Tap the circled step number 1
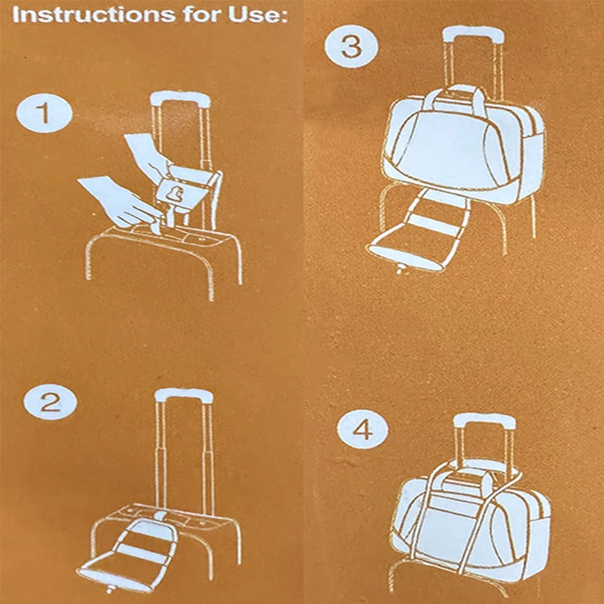click(x=44, y=113)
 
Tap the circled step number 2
click(x=50, y=402)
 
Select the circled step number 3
click(x=351, y=46)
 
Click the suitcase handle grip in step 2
click(x=183, y=396)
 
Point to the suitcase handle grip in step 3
click(x=474, y=34)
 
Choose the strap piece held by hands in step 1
click(x=177, y=193)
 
